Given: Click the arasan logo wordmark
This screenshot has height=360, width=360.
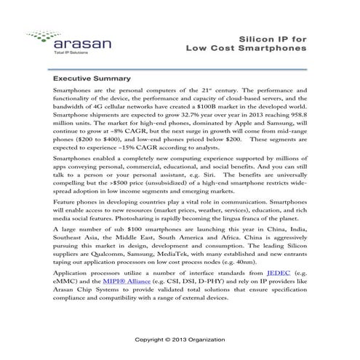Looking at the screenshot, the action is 68,44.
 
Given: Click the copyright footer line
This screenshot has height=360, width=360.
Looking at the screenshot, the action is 180,339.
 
